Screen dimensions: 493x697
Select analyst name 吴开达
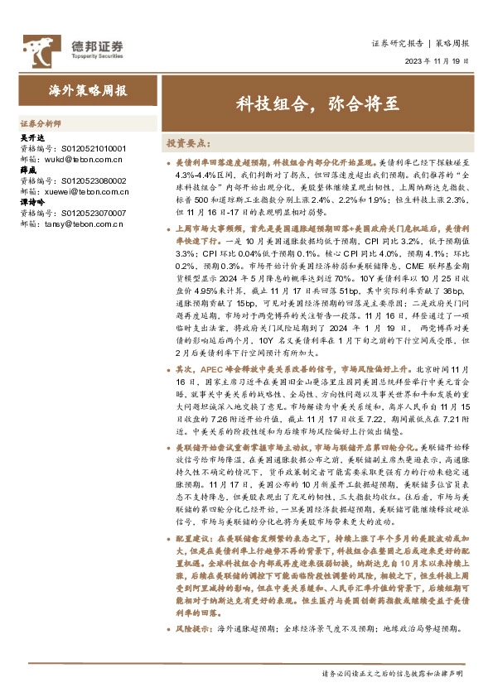(x=30, y=138)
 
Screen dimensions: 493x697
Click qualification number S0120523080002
(x=90, y=179)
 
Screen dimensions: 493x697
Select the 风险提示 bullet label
(x=192, y=628)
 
